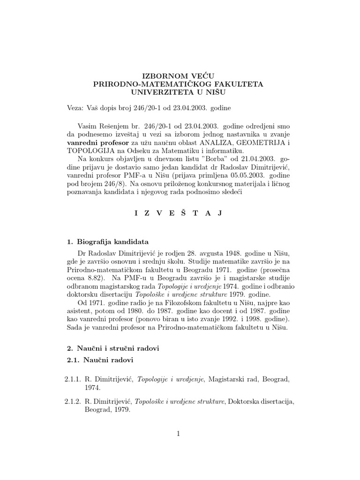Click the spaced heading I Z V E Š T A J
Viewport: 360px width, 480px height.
[x=178, y=213]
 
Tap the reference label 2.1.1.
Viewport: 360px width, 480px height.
[x=74, y=379]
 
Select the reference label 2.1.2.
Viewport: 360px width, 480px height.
[x=74, y=401]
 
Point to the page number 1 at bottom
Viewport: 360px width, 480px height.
[x=178, y=434]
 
